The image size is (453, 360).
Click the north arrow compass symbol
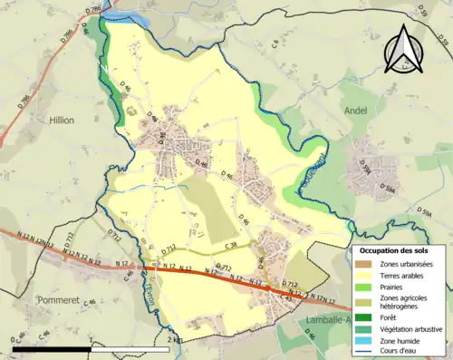tap(407, 50)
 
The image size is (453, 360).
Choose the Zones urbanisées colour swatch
tap(362, 263)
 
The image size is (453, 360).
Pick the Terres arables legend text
tap(403, 275)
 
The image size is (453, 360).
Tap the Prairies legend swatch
tap(362, 287)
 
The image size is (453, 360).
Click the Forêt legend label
tap(391, 317)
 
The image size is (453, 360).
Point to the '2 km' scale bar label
tap(175, 340)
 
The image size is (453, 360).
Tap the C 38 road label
tap(232, 245)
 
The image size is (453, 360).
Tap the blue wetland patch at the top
tap(112, 10)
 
